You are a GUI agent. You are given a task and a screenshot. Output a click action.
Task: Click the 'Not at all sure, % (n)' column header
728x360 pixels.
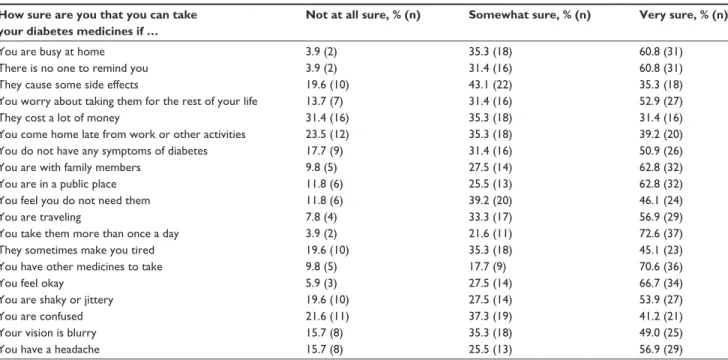363,15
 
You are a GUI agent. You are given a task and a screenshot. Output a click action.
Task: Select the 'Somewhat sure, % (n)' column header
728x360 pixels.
529,15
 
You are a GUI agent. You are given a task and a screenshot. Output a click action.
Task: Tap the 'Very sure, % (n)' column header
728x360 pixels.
683,15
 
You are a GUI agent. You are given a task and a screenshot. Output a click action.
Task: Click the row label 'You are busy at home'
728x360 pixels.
52,52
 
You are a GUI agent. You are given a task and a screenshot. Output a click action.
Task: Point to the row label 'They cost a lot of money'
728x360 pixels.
60,118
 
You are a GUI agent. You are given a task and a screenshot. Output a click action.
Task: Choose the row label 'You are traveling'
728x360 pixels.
41,217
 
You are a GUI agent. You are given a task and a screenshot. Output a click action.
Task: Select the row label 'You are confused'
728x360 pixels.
42,316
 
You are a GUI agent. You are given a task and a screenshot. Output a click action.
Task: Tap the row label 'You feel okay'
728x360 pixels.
32,283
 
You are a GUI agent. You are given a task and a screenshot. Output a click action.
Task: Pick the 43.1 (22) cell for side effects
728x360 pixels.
490,85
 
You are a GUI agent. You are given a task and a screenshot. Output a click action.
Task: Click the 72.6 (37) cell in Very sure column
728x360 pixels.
661,234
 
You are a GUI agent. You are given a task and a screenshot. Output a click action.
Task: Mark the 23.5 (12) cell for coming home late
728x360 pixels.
327,135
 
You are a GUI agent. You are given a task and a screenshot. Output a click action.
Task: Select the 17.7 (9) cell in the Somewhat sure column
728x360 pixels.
488,267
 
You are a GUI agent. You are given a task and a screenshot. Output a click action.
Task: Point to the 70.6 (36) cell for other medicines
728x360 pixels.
661,267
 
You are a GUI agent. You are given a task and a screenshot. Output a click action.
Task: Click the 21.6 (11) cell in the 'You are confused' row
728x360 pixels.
327,316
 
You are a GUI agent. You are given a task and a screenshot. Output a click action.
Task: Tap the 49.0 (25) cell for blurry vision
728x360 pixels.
661,333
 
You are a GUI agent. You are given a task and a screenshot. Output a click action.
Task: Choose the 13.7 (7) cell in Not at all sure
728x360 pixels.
324,101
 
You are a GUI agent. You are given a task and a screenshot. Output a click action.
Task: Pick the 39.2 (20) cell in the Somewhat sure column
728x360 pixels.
490,201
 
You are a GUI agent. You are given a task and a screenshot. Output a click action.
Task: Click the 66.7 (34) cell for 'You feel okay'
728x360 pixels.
661,283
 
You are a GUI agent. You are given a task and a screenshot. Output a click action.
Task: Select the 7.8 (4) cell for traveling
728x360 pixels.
321,217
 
